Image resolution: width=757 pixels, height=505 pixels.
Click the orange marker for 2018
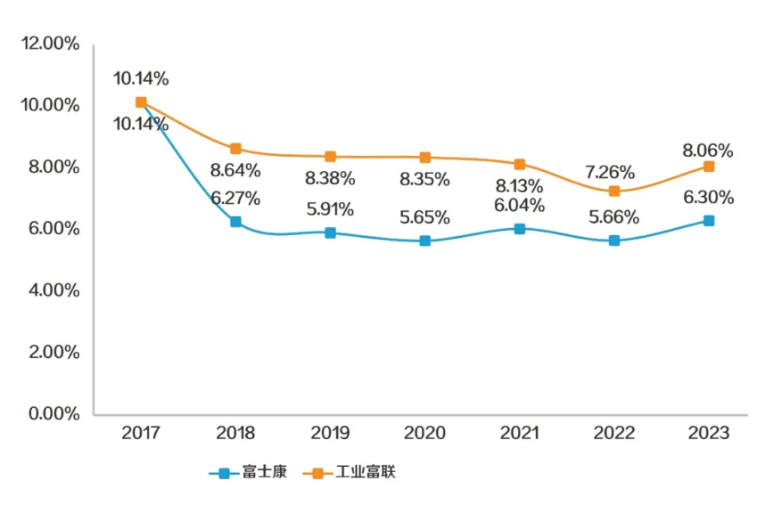(x=235, y=149)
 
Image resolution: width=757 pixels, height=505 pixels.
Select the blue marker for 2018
(x=235, y=222)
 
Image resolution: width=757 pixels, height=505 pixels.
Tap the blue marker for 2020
(x=424, y=240)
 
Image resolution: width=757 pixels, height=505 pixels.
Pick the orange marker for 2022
(x=613, y=191)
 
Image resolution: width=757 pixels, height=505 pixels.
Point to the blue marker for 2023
(x=708, y=220)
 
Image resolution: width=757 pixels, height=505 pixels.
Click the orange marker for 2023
(x=708, y=167)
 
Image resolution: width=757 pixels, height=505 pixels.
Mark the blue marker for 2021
(x=519, y=228)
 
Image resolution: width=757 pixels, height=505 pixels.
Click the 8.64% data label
(x=235, y=170)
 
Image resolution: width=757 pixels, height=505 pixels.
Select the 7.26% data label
(x=615, y=172)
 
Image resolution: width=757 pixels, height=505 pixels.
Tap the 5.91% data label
(x=330, y=210)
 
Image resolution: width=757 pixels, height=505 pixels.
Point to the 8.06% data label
(x=708, y=151)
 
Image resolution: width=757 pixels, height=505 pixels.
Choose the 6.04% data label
(x=519, y=206)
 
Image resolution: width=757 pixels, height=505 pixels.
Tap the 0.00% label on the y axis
(x=53, y=414)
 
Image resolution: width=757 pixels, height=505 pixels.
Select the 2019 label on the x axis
(x=330, y=434)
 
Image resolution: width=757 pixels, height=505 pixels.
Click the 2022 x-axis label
(x=613, y=434)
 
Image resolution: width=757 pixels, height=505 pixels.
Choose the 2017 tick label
(x=141, y=434)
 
